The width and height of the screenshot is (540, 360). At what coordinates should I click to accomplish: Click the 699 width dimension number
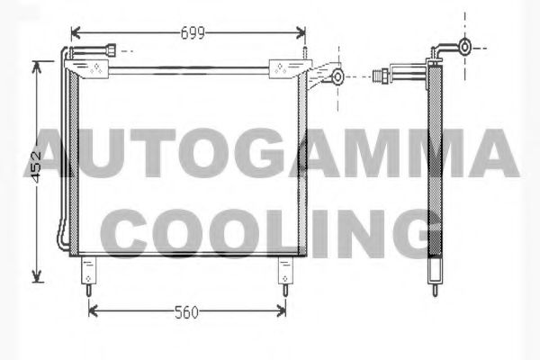193,33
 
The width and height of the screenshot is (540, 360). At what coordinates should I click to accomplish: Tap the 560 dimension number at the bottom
186,312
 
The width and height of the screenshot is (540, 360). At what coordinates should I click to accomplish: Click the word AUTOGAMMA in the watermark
270,155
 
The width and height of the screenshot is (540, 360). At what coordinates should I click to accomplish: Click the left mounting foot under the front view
89,273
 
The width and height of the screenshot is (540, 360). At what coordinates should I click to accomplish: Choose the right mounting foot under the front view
285,273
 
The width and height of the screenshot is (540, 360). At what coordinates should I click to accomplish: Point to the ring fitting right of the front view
337,76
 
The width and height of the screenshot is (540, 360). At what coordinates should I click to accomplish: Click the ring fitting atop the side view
464,46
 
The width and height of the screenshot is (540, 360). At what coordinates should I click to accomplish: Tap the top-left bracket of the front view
90,67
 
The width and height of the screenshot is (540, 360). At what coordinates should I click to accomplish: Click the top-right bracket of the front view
288,67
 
